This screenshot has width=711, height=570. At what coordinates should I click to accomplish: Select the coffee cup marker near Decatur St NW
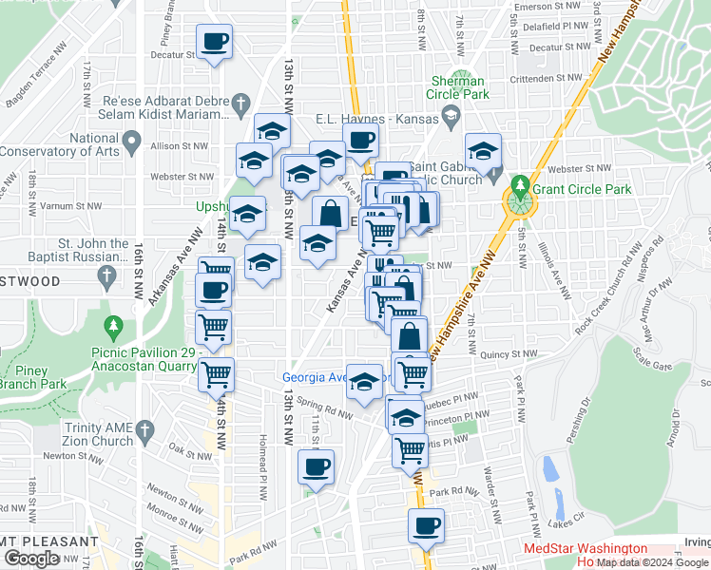click(x=214, y=42)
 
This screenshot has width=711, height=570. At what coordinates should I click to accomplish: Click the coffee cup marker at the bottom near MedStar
click(x=426, y=525)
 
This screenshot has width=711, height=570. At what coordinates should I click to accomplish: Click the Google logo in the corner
click(x=31, y=559)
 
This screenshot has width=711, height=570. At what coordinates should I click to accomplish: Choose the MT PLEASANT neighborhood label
click(x=41, y=541)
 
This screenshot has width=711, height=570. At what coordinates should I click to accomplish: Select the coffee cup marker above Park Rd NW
click(x=317, y=467)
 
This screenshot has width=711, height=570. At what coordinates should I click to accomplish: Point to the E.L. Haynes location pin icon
click(x=451, y=119)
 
